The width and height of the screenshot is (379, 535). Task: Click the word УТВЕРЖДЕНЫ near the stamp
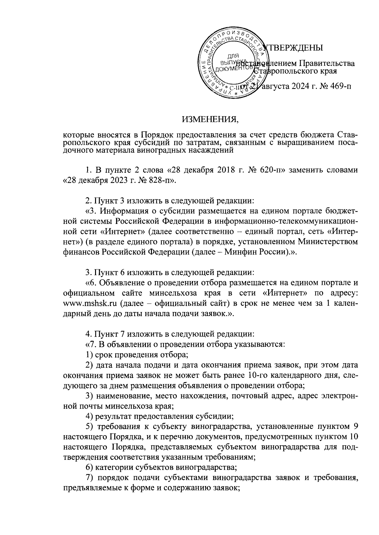coord(294,48)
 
